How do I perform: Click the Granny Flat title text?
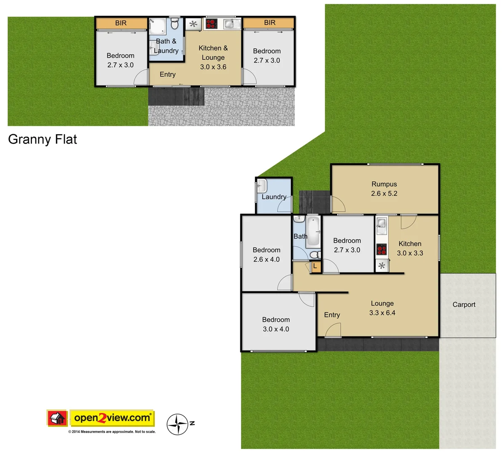(43, 139)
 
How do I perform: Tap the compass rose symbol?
(177, 424)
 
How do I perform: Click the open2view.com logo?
(112, 418)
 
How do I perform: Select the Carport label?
(464, 305)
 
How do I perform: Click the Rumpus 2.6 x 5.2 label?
(384, 189)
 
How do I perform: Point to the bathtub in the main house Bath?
(313, 232)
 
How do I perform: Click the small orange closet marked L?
(315, 267)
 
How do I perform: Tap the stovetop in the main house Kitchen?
(382, 250)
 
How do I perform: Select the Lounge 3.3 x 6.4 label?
(382, 308)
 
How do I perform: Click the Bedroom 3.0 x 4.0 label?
(276, 325)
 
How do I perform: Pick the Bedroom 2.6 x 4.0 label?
(266, 255)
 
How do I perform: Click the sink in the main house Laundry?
(262, 185)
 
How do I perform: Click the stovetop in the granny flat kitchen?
(211, 24)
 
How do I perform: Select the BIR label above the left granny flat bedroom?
(121, 23)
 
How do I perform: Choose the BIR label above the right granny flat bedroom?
(270, 23)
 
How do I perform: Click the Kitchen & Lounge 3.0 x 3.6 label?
(213, 58)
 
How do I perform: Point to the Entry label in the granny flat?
(168, 74)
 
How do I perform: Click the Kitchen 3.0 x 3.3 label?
(410, 248)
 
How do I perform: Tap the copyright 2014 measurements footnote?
(112, 432)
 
